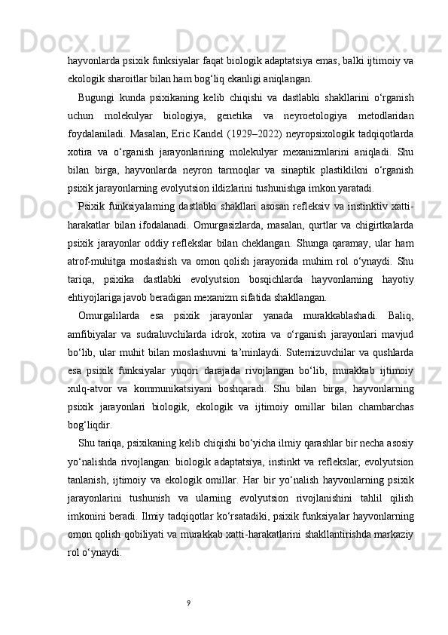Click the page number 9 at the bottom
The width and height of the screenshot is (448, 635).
coord(188,603)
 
